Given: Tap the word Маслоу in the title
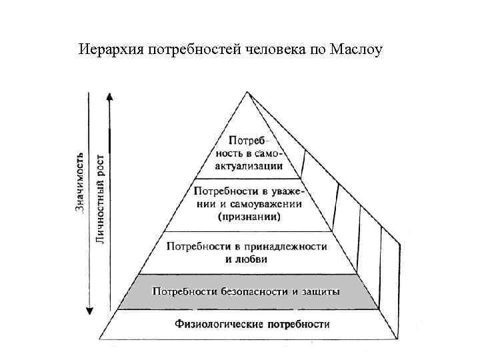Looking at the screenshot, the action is [x=357, y=50].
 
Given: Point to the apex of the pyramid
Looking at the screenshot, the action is [x=247, y=92].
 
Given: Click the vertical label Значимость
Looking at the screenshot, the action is [x=79, y=182].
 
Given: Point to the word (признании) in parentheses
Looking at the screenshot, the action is [x=249, y=217].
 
